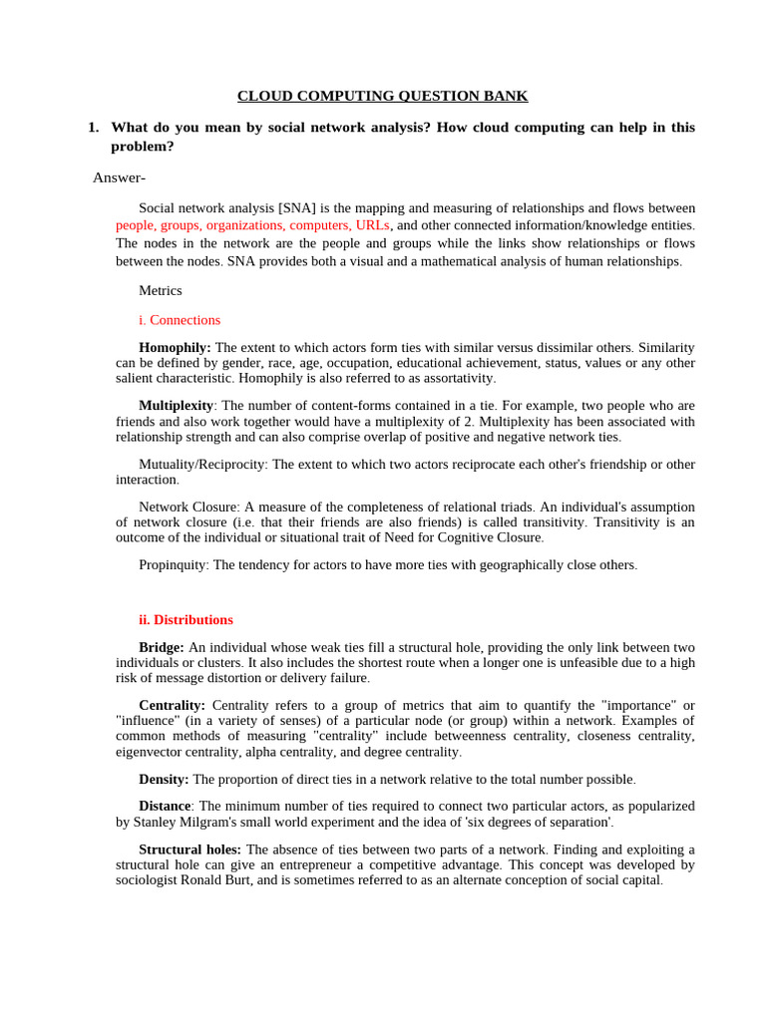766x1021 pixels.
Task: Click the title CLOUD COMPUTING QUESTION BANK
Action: click(382, 96)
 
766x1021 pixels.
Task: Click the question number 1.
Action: click(93, 128)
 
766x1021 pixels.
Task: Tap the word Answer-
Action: click(119, 177)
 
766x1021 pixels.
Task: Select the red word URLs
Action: click(372, 225)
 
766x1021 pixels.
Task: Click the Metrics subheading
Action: click(160, 290)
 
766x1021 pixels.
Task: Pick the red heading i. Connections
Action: click(180, 320)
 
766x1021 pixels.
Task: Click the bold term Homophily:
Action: click(175, 347)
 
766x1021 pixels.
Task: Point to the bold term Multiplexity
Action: click(176, 406)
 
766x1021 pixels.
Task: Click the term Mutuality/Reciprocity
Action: click(203, 465)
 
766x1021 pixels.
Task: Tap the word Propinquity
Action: click(173, 564)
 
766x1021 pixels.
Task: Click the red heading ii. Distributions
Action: click(186, 619)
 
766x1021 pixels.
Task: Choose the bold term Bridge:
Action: click(162, 647)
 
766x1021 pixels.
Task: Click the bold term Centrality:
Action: click(172, 705)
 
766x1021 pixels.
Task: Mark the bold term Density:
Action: click(164, 779)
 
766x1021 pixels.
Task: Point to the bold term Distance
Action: click(165, 806)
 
